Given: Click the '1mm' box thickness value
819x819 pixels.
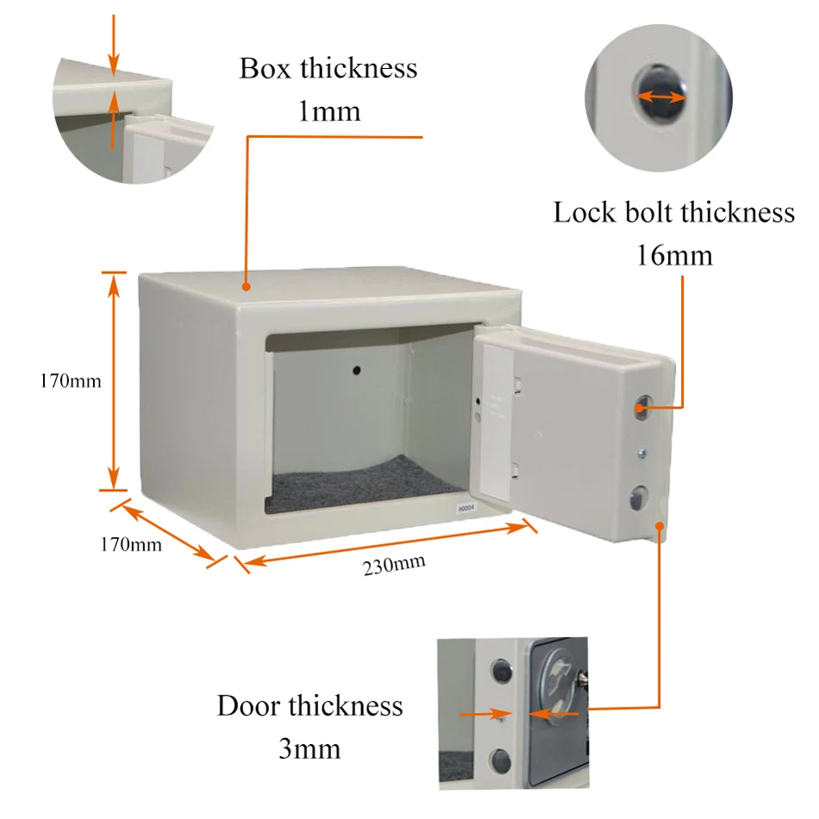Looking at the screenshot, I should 328,111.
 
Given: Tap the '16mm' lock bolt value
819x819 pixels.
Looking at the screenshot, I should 673,256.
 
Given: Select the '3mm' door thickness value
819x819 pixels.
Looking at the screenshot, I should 309,748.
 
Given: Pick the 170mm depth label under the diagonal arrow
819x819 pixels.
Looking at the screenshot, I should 131,544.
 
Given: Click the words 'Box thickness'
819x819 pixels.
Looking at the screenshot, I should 328,69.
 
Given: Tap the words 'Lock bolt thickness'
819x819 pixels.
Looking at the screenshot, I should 673,212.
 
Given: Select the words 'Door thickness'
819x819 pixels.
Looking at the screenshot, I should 309,705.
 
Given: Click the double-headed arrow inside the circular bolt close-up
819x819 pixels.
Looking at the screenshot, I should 661,97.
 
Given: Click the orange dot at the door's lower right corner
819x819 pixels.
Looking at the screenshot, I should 660,524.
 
